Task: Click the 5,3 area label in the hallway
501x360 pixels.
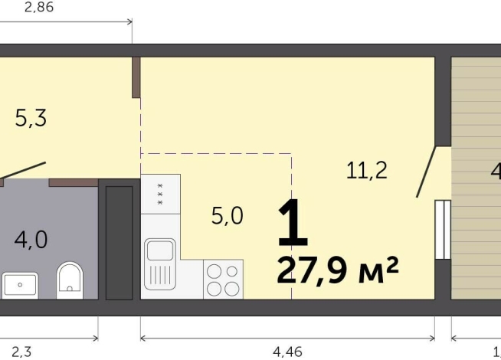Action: click(x=31, y=119)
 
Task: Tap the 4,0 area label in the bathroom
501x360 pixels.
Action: click(x=31, y=240)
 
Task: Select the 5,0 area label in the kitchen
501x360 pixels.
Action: click(x=227, y=216)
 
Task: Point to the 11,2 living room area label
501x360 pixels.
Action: click(x=366, y=171)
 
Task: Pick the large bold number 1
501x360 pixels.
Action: click(x=293, y=223)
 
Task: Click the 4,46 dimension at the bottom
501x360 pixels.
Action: click(x=287, y=351)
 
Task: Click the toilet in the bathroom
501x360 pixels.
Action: click(x=70, y=280)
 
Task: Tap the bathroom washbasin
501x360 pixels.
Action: click(x=20, y=286)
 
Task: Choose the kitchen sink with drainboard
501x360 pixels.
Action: click(x=160, y=260)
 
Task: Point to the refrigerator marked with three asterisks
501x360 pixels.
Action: click(x=161, y=194)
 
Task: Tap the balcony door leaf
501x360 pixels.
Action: click(x=427, y=172)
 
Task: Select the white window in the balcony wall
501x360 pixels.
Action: click(x=441, y=229)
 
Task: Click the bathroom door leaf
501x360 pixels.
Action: click(x=23, y=171)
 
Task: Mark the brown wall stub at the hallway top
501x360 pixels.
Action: click(x=136, y=77)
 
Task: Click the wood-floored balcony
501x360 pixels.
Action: click(x=476, y=176)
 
